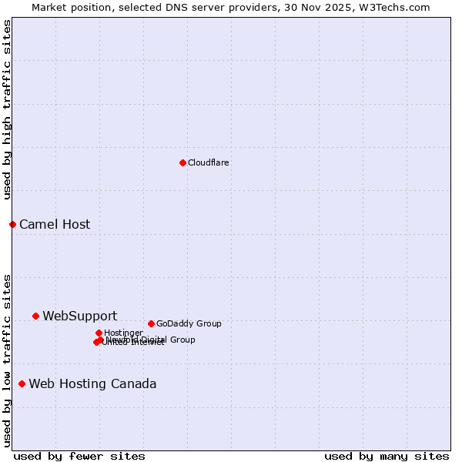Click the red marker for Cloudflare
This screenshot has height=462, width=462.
point(182,162)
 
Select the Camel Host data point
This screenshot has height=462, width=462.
point(12,224)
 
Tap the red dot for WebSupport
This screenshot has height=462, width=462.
point(35,316)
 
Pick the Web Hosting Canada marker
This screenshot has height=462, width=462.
point(22,383)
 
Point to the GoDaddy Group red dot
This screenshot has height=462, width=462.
point(151,323)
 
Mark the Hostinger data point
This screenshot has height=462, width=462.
point(99,333)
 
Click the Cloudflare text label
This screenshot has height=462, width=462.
point(208,162)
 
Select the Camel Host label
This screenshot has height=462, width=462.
point(55,225)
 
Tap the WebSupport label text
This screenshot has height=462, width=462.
point(79,316)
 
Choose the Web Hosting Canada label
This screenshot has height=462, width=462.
point(92,384)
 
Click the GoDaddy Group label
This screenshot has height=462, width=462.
point(189,324)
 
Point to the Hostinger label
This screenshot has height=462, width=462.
point(123,333)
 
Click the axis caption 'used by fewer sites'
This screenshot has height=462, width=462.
point(79,456)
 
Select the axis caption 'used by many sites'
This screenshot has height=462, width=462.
point(387,456)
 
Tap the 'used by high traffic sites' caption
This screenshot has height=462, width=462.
point(7,109)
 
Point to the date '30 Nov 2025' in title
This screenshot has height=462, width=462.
point(328,7)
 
